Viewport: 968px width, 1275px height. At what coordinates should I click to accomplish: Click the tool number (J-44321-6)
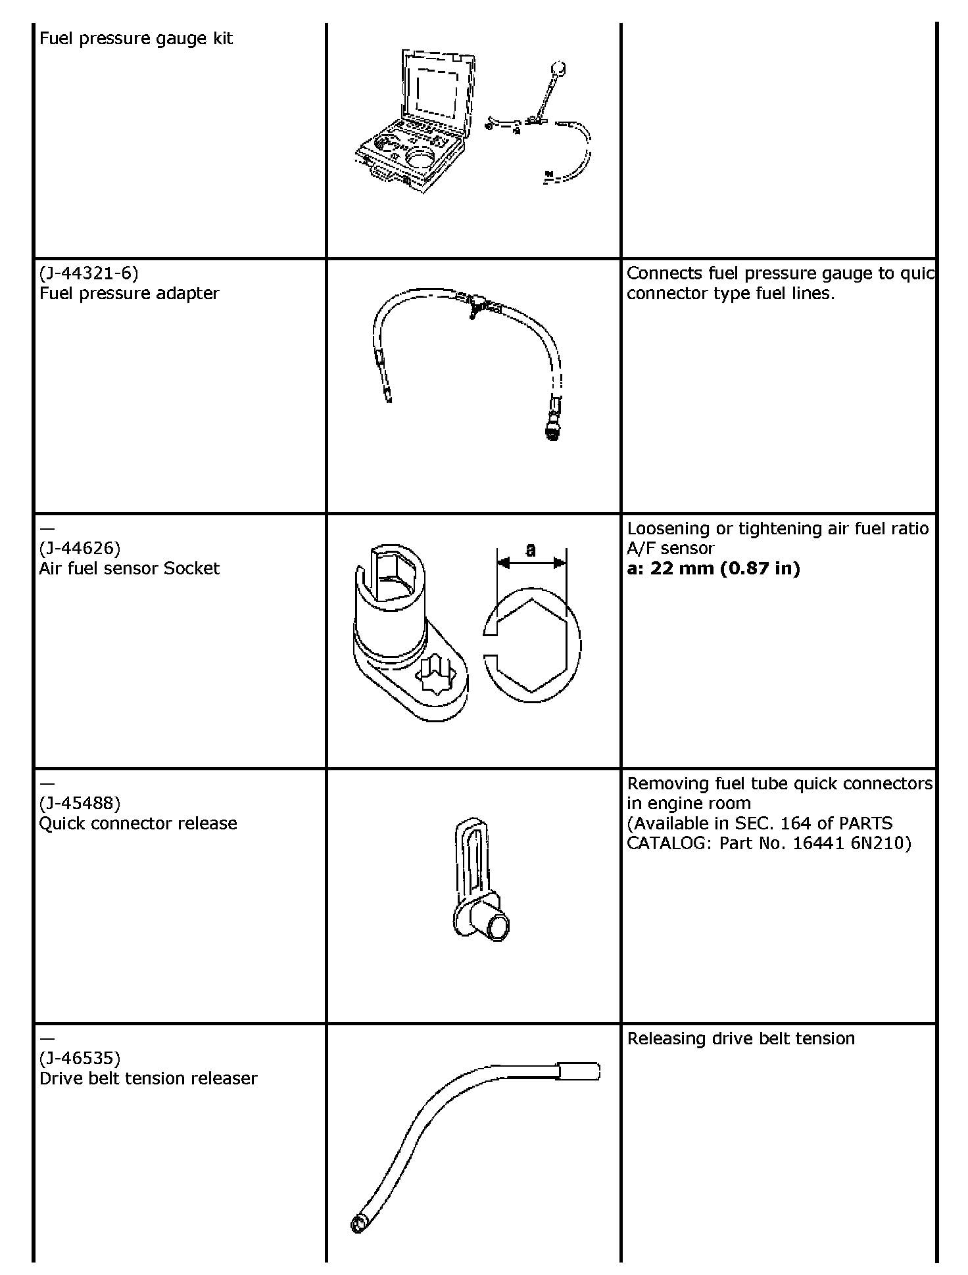[x=89, y=273]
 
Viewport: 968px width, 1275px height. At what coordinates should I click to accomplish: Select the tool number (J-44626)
[x=80, y=548]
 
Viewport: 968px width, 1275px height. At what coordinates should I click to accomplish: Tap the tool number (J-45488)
[x=80, y=803]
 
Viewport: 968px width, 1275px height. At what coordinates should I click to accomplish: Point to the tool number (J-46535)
[x=80, y=1058]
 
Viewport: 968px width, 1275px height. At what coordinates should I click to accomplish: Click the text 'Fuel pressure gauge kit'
[x=136, y=38]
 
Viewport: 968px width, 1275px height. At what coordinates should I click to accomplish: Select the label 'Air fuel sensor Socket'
[x=130, y=568]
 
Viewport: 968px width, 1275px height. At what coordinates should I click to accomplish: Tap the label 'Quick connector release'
[x=138, y=823]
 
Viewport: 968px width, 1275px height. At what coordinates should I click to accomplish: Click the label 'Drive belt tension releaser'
[x=149, y=1078]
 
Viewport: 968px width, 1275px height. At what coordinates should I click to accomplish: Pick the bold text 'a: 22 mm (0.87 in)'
[x=714, y=568]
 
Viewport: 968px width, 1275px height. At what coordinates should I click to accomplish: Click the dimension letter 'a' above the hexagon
[x=531, y=549]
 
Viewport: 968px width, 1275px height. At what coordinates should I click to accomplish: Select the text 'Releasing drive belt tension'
[x=741, y=1038]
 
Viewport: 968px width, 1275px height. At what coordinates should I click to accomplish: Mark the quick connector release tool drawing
[x=481, y=880]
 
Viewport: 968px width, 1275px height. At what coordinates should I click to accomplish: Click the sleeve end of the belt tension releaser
[x=579, y=1072]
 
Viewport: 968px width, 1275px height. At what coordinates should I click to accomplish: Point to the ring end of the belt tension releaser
[x=358, y=1224]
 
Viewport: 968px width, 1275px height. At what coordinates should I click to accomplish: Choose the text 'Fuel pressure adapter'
[x=130, y=293]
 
